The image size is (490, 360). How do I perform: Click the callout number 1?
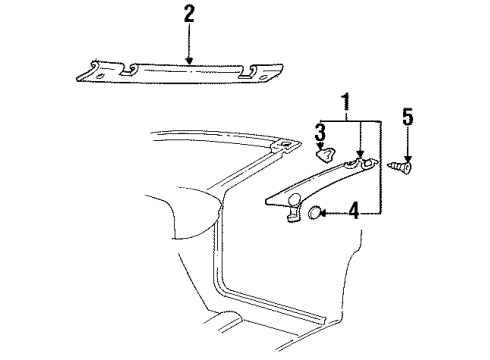[345, 103]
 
